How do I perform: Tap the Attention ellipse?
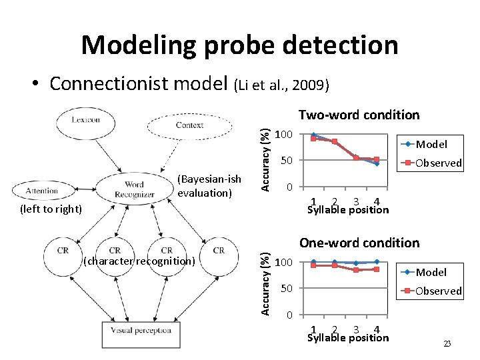coord(41,190)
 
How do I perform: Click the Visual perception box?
coord(141,330)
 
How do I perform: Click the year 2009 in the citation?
coord(309,85)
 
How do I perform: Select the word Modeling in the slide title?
coord(138,45)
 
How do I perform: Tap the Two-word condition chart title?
coord(359,115)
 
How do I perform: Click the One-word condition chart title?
coord(359,243)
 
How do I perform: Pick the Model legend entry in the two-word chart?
coord(431,144)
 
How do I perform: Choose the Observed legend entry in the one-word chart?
coord(438,291)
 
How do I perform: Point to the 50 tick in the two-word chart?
coord(285,161)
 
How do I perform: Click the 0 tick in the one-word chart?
coord(289,315)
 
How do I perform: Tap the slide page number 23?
coord(447,343)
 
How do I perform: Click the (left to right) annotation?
coord(50,209)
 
